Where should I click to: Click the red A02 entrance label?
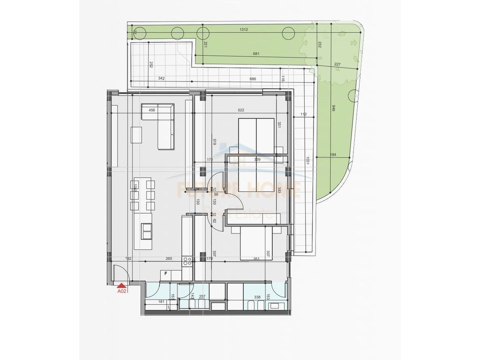(x=122, y=291)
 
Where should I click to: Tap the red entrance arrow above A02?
(x=122, y=285)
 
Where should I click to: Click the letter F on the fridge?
(x=165, y=273)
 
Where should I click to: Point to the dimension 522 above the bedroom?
(x=241, y=110)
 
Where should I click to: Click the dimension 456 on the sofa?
(x=151, y=110)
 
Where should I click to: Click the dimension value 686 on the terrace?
(x=253, y=79)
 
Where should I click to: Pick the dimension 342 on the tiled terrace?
(x=161, y=79)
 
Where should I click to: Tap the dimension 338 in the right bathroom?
(x=257, y=297)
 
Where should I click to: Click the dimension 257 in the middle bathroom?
(x=202, y=297)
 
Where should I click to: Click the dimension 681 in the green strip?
(x=256, y=54)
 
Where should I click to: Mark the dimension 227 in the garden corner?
(x=337, y=65)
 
